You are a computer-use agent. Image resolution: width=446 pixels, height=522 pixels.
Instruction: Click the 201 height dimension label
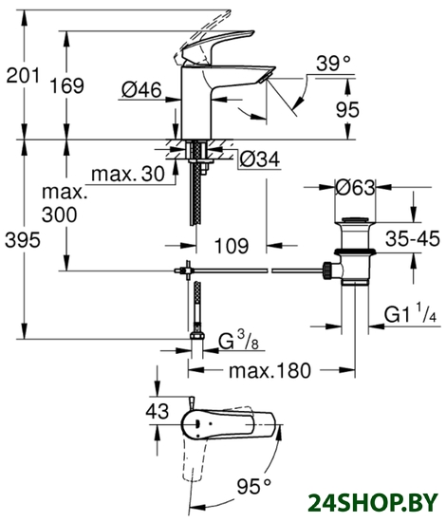tap(23, 76)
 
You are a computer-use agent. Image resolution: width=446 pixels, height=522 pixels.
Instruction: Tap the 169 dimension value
tap(66, 85)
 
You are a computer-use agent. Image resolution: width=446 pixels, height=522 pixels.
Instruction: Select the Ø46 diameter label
tap(141, 90)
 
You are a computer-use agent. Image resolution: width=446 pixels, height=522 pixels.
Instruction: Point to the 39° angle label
tap(333, 63)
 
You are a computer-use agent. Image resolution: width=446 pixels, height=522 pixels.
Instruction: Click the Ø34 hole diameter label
tap(260, 159)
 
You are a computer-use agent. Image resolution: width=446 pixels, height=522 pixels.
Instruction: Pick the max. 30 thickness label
tap(128, 174)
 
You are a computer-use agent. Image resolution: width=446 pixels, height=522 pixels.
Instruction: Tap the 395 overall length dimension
tap(23, 240)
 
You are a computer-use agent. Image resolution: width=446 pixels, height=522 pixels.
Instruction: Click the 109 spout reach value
tap(232, 246)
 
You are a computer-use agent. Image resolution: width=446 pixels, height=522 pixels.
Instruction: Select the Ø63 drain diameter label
tap(355, 188)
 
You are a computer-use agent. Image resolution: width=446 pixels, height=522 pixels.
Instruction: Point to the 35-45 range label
tap(413, 238)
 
